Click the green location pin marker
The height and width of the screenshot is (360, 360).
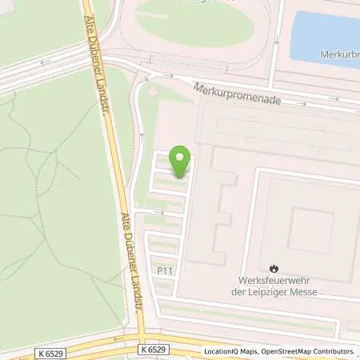(181, 162)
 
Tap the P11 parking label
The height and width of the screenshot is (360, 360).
(165, 271)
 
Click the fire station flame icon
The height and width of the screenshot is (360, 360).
(274, 269)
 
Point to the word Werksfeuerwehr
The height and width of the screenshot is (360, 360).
(278, 281)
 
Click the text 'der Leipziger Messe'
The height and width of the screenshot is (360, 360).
(278, 292)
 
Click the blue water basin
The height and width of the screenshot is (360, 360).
(324, 36)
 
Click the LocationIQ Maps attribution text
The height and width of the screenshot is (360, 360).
(232, 351)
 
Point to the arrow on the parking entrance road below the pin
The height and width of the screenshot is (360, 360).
(159, 212)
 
